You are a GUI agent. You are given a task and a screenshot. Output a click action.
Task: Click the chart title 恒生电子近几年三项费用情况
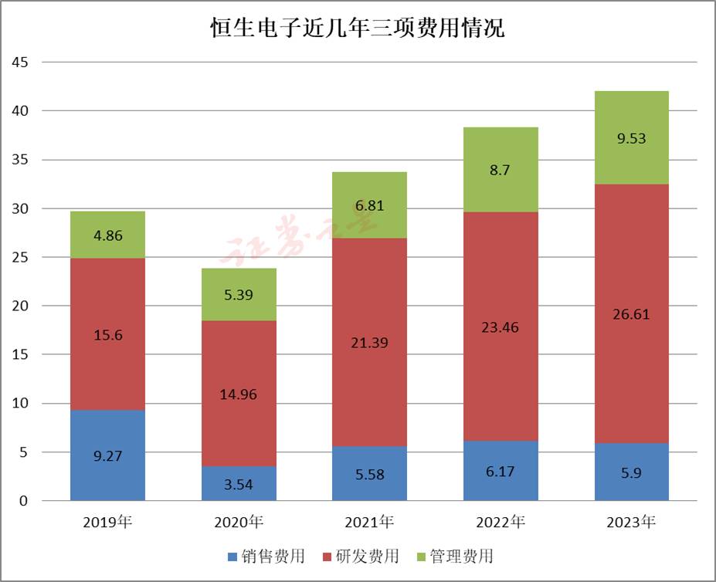pyautogui.click(x=358, y=29)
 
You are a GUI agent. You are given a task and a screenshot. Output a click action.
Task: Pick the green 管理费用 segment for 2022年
pyautogui.click(x=501, y=170)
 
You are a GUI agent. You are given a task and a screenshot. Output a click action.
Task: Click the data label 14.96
pyautogui.click(x=239, y=394)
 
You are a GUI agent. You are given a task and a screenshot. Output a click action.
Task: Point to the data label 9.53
pyautogui.click(x=631, y=139)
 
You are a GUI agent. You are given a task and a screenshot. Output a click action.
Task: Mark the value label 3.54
pyautogui.click(x=239, y=485)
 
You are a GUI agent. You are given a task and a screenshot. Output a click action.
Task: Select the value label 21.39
pyautogui.click(x=369, y=342)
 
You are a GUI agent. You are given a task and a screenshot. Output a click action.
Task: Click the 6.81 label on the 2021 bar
pyautogui.click(x=369, y=206)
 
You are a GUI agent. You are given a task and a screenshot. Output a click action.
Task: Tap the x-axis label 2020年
pyautogui.click(x=239, y=523)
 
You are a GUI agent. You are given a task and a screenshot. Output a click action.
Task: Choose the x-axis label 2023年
pyautogui.click(x=631, y=523)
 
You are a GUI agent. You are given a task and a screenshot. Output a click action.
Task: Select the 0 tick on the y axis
pyautogui.click(x=23, y=501)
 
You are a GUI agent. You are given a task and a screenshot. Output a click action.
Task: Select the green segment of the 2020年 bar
pyautogui.click(x=239, y=294)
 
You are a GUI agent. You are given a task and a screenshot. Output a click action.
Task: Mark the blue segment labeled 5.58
pyautogui.click(x=369, y=473)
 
